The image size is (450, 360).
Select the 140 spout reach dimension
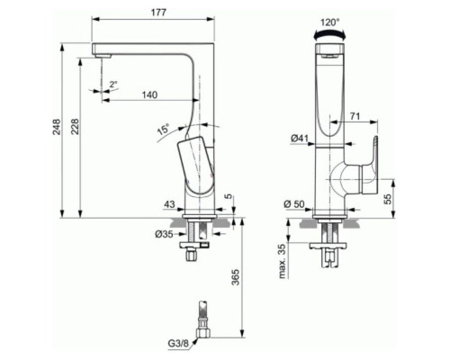(x=151, y=94)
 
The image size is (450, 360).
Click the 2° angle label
(x=112, y=84)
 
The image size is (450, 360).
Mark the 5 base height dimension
(x=229, y=196)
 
